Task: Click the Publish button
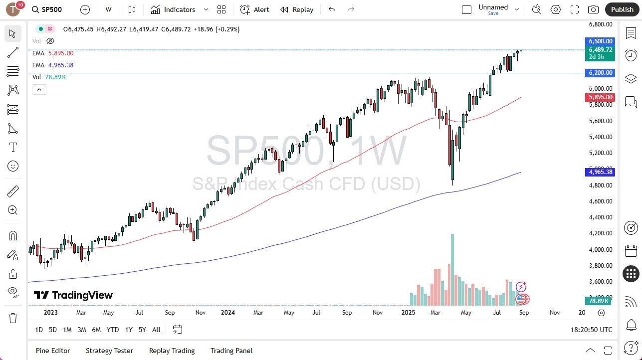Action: (x=622, y=9)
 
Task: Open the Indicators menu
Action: (x=179, y=9)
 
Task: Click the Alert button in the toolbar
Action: (x=254, y=9)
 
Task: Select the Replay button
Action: (x=297, y=9)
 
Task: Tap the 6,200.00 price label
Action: (x=601, y=73)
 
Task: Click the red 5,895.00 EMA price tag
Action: (x=601, y=97)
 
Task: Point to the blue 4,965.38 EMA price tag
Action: (x=601, y=172)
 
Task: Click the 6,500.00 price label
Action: (x=601, y=41)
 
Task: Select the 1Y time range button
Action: (x=129, y=330)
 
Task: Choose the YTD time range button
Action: (x=113, y=330)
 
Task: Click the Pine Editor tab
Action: (x=53, y=351)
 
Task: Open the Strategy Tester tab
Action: (x=109, y=351)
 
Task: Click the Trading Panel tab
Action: (x=231, y=351)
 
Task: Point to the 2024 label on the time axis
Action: (x=227, y=313)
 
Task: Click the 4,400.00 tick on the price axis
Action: (x=600, y=217)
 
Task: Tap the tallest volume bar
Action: (x=452, y=270)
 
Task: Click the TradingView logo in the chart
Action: (x=73, y=295)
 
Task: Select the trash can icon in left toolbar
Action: (x=13, y=318)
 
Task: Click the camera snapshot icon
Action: (x=593, y=9)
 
